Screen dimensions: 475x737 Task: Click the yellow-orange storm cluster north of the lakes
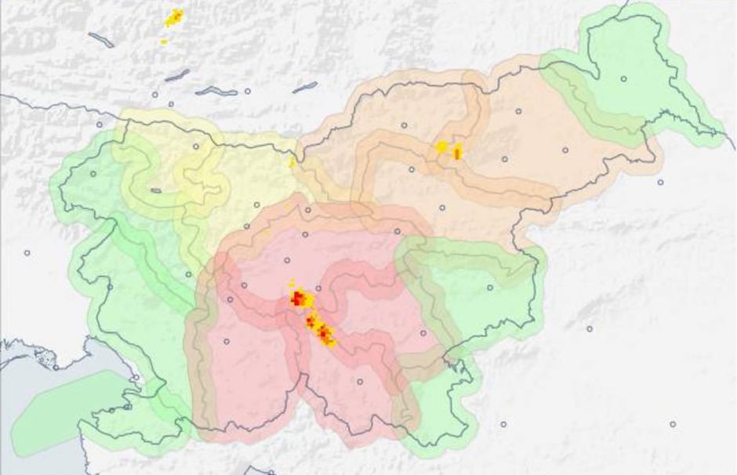(x=173, y=17)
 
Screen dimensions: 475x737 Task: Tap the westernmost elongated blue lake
(x=100, y=39)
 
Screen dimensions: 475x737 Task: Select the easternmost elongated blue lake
(x=304, y=87)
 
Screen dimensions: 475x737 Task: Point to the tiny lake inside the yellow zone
(x=156, y=190)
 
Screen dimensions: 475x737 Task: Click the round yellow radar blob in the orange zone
(x=442, y=147)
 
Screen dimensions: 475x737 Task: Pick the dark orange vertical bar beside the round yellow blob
(x=458, y=151)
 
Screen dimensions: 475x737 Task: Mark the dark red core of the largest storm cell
(x=298, y=297)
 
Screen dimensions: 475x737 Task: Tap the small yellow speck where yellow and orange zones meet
(x=292, y=162)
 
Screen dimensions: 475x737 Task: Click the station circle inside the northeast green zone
(x=624, y=78)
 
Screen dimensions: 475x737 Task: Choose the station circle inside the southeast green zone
(x=490, y=288)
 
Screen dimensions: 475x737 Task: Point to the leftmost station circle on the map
(x=27, y=252)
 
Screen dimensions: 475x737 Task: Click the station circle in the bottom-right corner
(x=673, y=424)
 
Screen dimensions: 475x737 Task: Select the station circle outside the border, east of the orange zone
(x=660, y=182)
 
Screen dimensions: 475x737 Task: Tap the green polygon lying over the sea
(x=67, y=412)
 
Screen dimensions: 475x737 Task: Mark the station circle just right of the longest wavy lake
(x=247, y=92)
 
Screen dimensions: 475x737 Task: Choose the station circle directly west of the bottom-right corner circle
(x=504, y=424)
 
